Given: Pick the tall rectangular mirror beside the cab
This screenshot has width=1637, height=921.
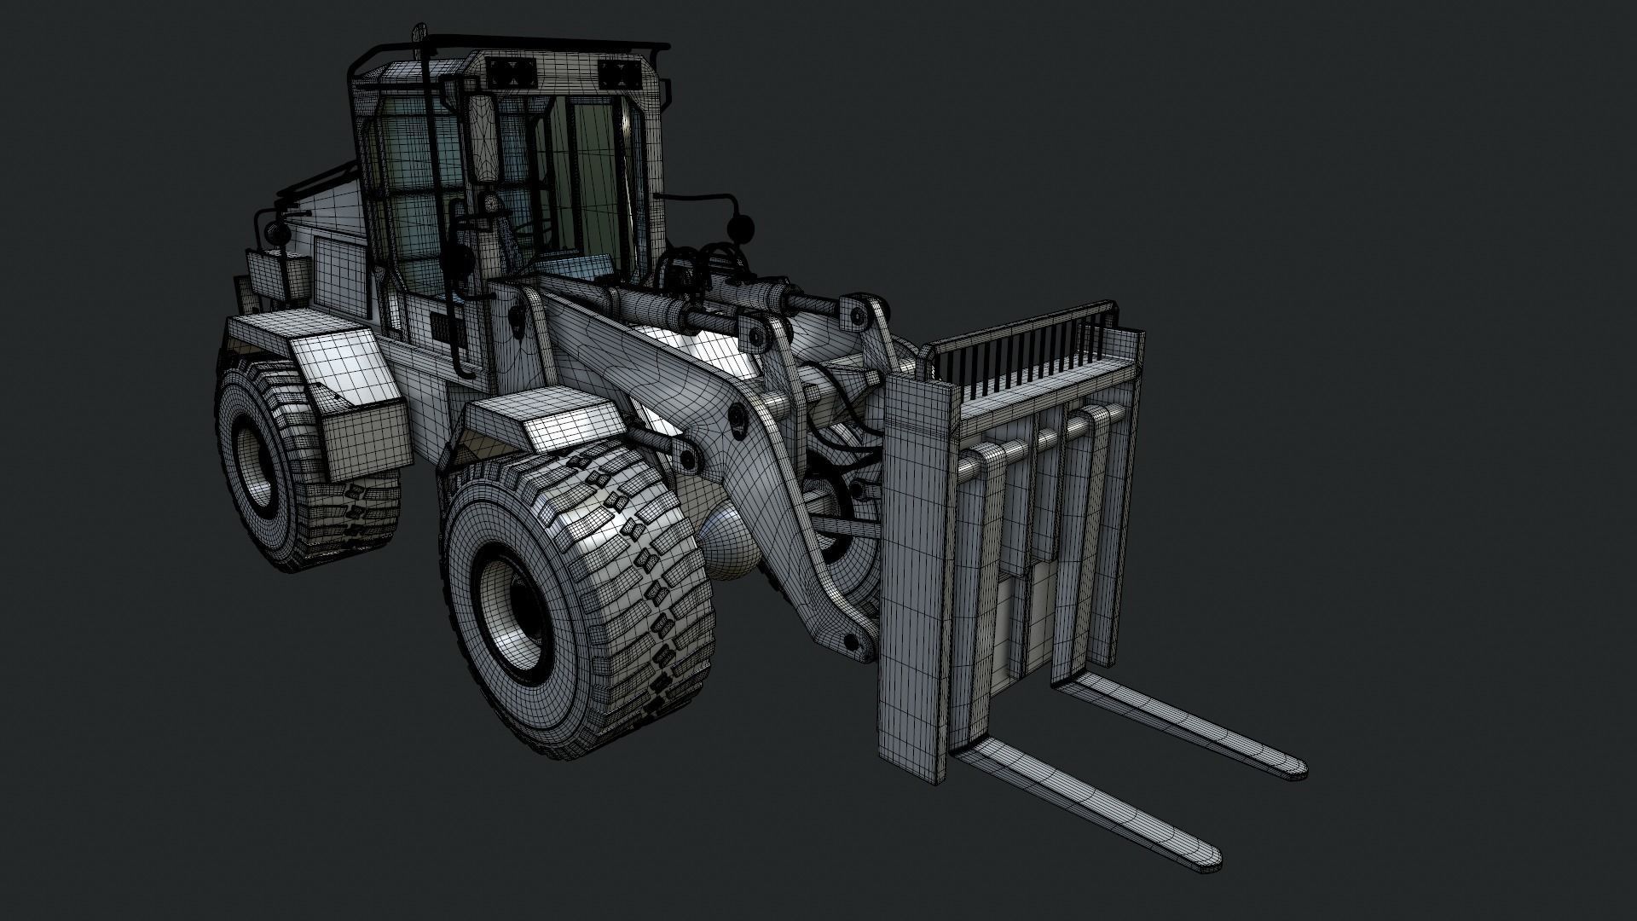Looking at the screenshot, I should click(x=484, y=141).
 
